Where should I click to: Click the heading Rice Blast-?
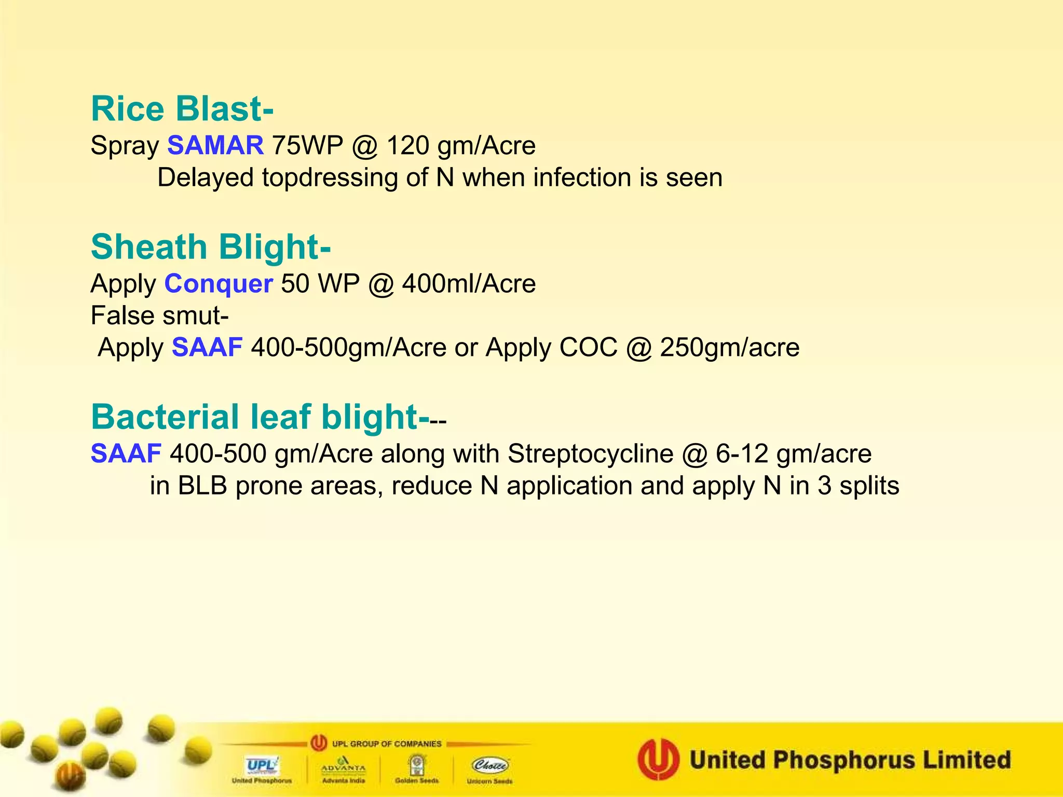182,109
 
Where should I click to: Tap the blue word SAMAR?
215,145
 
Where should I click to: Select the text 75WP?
307,145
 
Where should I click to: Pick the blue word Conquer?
219,284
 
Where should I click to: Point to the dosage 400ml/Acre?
469,284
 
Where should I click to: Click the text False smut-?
159,315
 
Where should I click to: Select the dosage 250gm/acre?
729,348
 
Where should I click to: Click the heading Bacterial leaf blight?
260,417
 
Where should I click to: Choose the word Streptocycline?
590,454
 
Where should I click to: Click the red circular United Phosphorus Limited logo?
658,760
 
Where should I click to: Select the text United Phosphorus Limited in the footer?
850,760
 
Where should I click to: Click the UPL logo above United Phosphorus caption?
262,765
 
